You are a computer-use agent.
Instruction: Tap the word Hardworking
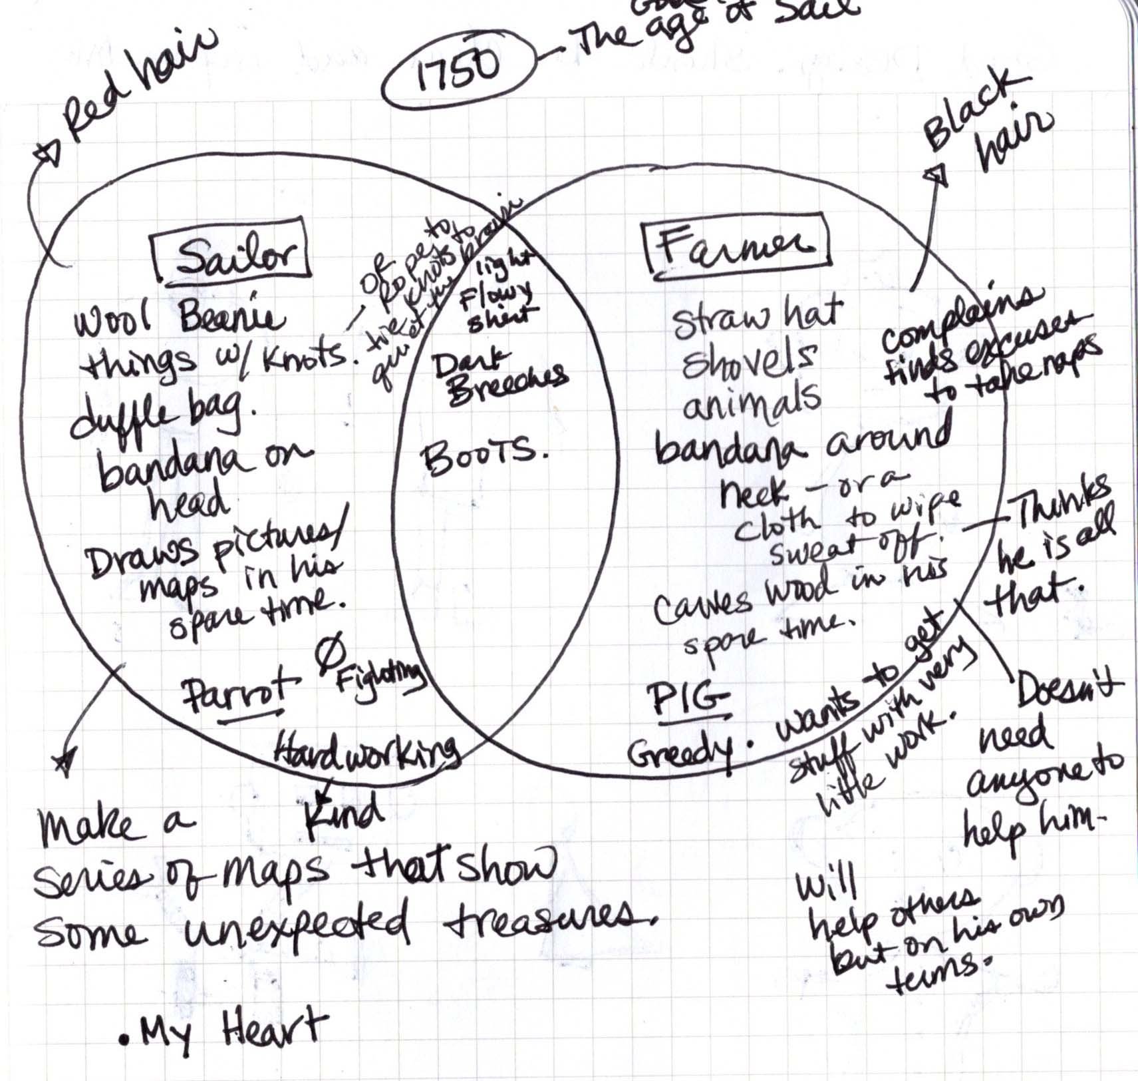coord(366,749)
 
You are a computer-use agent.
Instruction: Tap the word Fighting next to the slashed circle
coord(379,679)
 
